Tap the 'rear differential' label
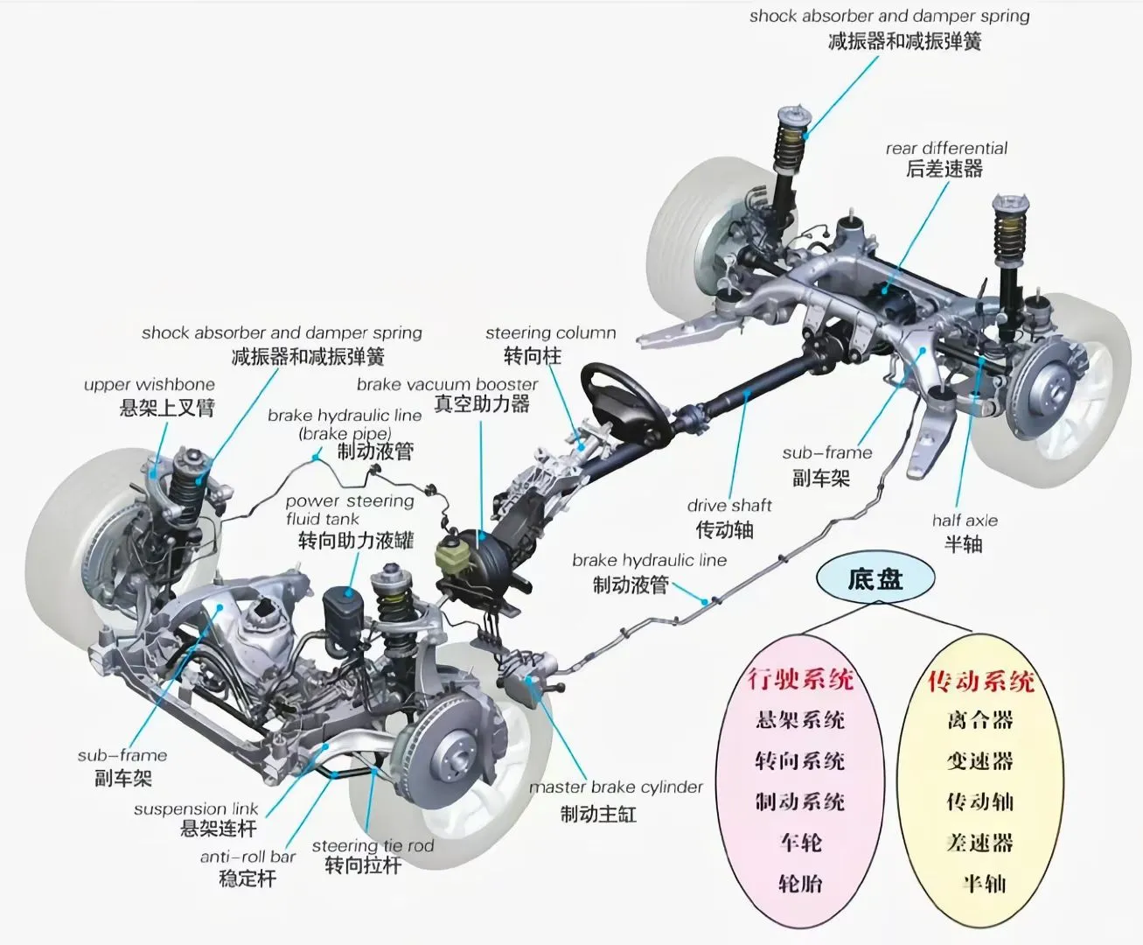pyautogui.click(x=946, y=149)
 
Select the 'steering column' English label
pyautogui.click(x=551, y=333)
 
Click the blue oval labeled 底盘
pyautogui.click(x=875, y=580)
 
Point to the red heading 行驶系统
pyautogui.click(x=800, y=678)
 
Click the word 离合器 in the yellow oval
pyautogui.click(x=980, y=720)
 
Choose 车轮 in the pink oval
pyautogui.click(x=800, y=843)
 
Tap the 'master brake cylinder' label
pyautogui.click(x=616, y=787)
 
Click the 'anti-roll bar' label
pyautogui.click(x=248, y=857)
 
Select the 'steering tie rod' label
pyautogui.click(x=373, y=845)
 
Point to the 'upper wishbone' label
pyautogui.click(x=149, y=385)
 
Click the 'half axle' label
pyautogui.click(x=965, y=521)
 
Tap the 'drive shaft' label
pyautogui.click(x=729, y=506)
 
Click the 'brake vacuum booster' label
pyautogui.click(x=447, y=385)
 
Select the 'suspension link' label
pyautogui.click(x=196, y=809)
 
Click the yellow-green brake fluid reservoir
pyautogui.click(x=453, y=556)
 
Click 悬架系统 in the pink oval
pyautogui.click(x=800, y=720)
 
